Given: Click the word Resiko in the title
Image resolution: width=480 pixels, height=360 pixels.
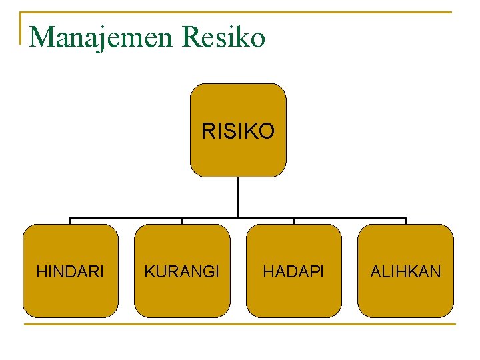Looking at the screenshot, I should pyautogui.click(x=223, y=37).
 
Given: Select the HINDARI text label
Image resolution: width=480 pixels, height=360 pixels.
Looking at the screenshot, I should pyautogui.click(x=70, y=272).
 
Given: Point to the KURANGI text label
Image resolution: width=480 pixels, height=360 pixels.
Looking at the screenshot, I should pyautogui.click(x=182, y=272).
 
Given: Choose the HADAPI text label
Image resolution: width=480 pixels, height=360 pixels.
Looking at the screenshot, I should pyautogui.click(x=293, y=272).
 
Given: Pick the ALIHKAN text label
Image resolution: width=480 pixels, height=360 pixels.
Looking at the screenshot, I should pyautogui.click(x=405, y=272).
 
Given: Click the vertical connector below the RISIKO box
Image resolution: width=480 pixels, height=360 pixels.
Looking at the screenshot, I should pyautogui.click(x=238, y=197).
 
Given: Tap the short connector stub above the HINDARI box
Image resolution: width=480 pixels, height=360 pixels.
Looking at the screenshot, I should pyautogui.click(x=71, y=221).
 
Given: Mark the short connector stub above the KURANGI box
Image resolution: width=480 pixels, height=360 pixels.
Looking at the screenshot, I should pyautogui.click(x=182, y=221).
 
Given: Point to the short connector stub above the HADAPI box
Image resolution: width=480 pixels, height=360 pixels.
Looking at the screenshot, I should pyautogui.click(x=294, y=221).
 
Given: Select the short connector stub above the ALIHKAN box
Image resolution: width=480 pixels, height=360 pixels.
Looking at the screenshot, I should pyautogui.click(x=405, y=221).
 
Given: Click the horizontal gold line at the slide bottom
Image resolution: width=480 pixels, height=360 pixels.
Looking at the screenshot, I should pyautogui.click(x=240, y=325).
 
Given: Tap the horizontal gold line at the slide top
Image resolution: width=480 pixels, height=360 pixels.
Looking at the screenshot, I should pyautogui.click(x=240, y=12).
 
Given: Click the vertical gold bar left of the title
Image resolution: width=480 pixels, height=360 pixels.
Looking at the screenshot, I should pyautogui.click(x=21, y=28).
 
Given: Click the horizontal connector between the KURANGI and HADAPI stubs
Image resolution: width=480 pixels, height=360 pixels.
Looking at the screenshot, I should pyautogui.click(x=267, y=218).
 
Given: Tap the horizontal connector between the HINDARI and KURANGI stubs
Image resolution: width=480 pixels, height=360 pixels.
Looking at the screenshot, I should pyautogui.click(x=127, y=218).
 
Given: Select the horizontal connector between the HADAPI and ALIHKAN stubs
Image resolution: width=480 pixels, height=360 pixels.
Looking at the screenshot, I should pyautogui.click(x=350, y=218).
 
